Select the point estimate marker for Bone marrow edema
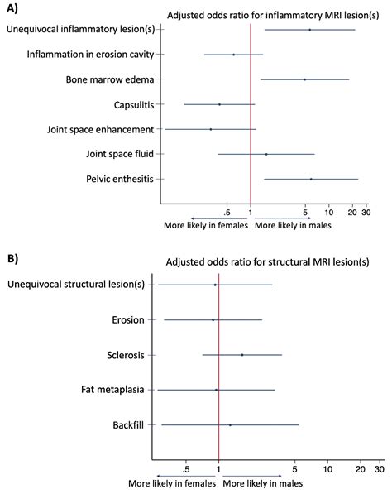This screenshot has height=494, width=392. (x=304, y=79)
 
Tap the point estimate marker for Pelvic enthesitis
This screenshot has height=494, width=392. (x=311, y=179)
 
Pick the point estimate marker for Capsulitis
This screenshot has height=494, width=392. (x=219, y=104)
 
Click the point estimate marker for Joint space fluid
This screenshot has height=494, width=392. (x=266, y=154)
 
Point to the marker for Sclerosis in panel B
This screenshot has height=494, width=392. (x=241, y=355)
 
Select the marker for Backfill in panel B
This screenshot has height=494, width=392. (x=230, y=424)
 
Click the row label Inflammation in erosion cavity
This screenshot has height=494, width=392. (x=93, y=55)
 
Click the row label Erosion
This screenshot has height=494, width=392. (x=128, y=319)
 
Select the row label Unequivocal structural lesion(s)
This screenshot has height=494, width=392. (x=76, y=285)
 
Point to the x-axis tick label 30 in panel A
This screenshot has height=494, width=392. (x=365, y=213)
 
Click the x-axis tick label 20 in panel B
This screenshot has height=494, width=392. (x=360, y=471)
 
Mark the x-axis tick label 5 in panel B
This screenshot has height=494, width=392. (x=294, y=471)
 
